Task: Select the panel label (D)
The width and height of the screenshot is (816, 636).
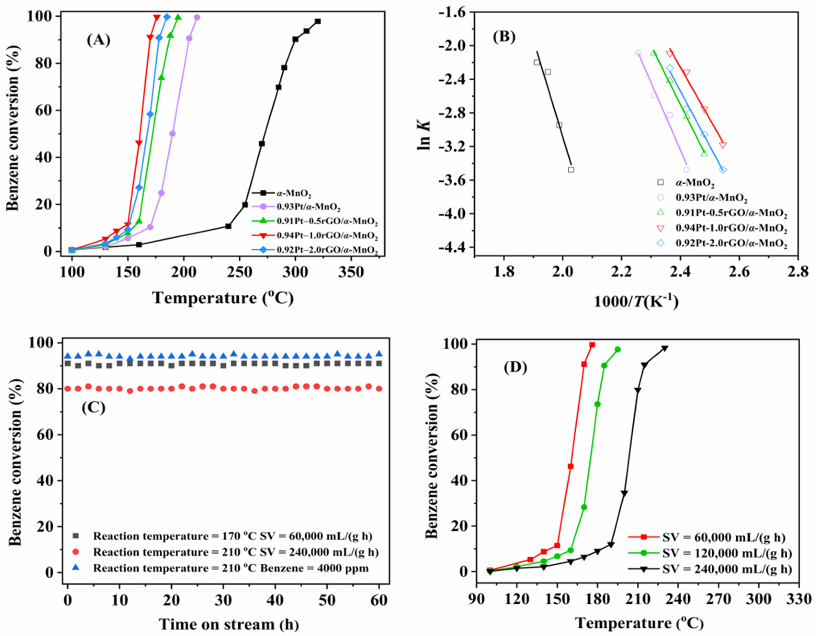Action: (x=515, y=368)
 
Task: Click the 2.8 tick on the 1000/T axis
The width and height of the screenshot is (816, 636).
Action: (x=797, y=272)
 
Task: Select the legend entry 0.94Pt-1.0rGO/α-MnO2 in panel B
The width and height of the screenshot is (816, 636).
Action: (x=731, y=228)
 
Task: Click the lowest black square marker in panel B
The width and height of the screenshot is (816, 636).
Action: (x=571, y=170)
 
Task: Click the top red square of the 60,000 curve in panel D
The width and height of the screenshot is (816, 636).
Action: (x=592, y=345)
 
